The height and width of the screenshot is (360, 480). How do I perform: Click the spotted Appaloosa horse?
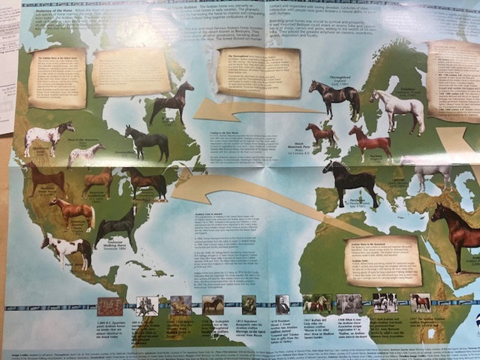pos(48,137)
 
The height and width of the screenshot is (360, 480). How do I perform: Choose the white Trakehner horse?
pos(398,107)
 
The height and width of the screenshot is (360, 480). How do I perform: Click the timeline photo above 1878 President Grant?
pos(282,304)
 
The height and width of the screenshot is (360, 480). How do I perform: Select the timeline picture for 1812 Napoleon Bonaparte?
pos(249,305)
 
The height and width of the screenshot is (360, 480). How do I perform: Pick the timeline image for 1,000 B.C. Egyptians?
pos(110,306)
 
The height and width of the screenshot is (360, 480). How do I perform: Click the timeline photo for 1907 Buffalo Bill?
pos(317,304)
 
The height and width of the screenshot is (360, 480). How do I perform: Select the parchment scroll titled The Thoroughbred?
pos(259,72)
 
